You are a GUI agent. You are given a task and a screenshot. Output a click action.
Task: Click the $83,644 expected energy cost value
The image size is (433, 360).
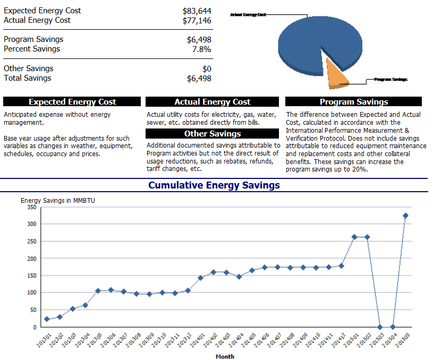[x=197, y=11]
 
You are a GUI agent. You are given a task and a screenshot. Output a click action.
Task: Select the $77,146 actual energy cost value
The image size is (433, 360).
[x=197, y=20]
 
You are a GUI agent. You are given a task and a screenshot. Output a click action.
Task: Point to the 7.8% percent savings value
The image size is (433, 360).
[x=201, y=49]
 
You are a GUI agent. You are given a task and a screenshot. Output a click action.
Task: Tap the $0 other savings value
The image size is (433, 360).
[x=207, y=68]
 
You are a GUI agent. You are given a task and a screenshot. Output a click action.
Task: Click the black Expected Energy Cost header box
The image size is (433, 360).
[x=72, y=102]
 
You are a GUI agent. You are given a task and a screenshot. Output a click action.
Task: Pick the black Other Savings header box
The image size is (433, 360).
[x=212, y=134]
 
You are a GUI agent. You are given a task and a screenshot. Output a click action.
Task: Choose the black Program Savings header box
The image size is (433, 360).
[x=353, y=102]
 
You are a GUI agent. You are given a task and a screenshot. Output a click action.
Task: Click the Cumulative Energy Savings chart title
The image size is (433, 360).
[x=214, y=185]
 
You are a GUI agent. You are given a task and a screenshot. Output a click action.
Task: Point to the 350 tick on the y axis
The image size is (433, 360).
[x=32, y=207]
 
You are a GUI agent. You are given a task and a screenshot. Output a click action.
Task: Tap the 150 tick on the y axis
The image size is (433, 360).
[x=32, y=276]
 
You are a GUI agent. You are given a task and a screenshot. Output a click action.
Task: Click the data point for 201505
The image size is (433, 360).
[x=405, y=216]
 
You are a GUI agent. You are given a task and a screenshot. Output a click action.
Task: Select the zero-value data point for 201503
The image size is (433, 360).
[x=380, y=327]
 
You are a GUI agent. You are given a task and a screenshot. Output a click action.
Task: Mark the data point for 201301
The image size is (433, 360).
[x=47, y=319]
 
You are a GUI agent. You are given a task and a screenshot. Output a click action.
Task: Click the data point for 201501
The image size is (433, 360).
[x=354, y=237]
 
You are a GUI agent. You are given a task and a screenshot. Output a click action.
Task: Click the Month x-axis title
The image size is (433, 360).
[x=225, y=356]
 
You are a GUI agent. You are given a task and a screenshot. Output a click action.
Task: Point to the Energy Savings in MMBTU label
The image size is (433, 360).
[x=58, y=200]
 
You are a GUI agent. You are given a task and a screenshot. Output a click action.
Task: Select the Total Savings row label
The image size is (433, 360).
[x=28, y=78]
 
